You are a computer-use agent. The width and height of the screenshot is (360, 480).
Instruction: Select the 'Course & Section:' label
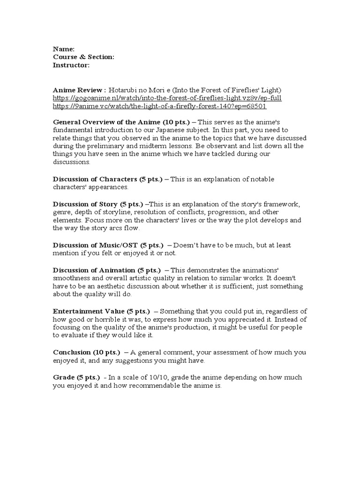point(83,57)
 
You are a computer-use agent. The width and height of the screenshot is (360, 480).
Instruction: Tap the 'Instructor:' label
point(71,65)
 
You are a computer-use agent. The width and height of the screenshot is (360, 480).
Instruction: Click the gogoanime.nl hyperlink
point(167,98)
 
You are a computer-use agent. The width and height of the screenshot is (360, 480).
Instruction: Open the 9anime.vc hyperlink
point(160,106)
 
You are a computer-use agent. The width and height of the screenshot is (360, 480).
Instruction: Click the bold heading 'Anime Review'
point(78,90)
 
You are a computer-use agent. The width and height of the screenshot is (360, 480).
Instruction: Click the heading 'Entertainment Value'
point(89,311)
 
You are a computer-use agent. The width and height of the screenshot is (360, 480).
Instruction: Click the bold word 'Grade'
point(64,377)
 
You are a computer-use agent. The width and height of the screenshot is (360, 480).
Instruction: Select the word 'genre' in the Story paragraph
point(62,212)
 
